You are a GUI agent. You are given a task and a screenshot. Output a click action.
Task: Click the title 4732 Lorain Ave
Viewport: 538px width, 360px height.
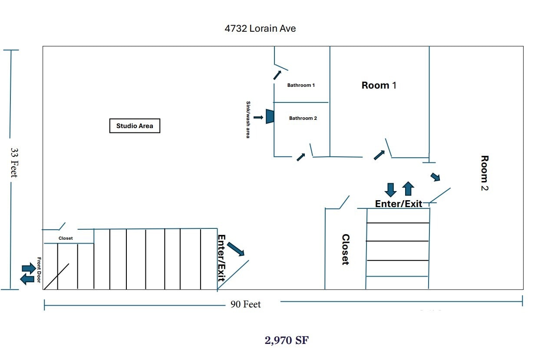[x=260, y=29]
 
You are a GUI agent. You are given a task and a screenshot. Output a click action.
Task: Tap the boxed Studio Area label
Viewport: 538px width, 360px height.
[x=135, y=126]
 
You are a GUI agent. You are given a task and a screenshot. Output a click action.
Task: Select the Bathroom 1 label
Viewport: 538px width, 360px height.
[x=301, y=85]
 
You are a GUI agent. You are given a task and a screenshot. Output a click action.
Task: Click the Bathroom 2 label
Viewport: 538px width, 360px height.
[x=303, y=118]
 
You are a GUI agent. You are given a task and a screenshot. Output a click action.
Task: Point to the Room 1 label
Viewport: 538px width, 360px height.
[x=379, y=85]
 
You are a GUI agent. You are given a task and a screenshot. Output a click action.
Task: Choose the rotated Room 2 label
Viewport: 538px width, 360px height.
[x=485, y=173]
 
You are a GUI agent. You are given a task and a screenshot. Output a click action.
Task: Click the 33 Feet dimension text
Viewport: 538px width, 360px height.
[x=14, y=162]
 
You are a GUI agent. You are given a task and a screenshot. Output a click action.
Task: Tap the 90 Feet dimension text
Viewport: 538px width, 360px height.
[x=245, y=304]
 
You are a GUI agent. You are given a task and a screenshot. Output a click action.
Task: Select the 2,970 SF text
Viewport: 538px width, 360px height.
[x=287, y=340]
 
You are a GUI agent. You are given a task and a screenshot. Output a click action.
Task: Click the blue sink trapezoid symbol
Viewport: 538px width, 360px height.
[x=270, y=116]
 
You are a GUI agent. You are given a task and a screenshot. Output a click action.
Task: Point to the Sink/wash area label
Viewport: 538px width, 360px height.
[x=248, y=119]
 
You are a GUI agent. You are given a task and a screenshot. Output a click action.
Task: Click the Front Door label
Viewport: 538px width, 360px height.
[x=39, y=270]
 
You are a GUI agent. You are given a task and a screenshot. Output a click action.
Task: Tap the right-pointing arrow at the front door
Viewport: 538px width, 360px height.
[x=29, y=268]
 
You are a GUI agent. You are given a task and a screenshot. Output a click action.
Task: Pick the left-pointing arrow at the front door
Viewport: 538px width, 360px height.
[x=27, y=279]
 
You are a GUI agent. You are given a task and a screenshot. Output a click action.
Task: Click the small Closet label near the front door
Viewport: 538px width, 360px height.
[x=66, y=238]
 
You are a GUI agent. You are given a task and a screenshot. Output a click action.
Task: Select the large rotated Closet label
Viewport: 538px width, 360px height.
[x=346, y=249]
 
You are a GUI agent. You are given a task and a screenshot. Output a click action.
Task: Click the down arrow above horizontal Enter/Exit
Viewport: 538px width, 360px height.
[x=390, y=189]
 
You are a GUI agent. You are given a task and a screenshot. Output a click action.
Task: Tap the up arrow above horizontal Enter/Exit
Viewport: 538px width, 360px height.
[x=408, y=188]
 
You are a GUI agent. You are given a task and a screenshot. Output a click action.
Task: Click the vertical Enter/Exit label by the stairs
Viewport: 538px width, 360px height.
[x=221, y=258]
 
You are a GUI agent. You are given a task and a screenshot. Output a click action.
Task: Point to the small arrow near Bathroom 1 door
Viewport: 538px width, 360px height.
[x=277, y=75]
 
